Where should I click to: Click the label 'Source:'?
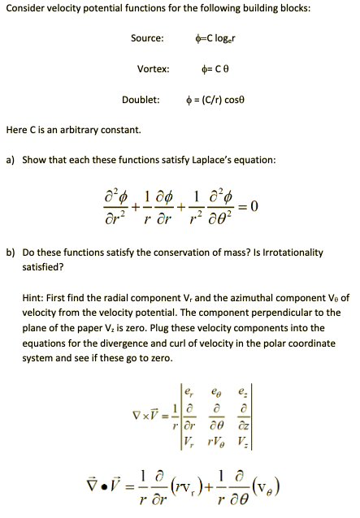pyautogui.click(x=147, y=39)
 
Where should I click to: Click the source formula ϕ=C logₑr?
pyautogui.click(x=215, y=39)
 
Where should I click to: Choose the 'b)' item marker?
pyautogui.click(x=11, y=253)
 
